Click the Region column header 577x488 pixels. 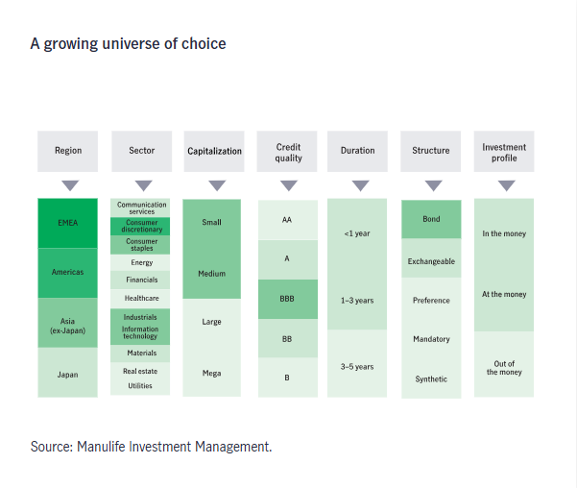point(68,151)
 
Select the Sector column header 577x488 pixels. point(141,151)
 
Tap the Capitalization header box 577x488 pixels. point(214,152)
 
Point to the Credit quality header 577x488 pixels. point(288,152)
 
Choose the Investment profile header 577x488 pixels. point(504,152)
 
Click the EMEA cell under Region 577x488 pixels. point(68,222)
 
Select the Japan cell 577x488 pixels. point(68,375)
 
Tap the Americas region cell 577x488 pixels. point(68,272)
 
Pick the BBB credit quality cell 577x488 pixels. point(287,299)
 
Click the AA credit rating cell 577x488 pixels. point(287,220)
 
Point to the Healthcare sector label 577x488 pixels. point(141,298)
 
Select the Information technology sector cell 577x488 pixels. point(141,333)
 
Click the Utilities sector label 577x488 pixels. point(141,386)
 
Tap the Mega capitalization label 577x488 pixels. point(212,373)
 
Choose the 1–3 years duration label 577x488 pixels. point(357,301)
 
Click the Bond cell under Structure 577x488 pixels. point(431,219)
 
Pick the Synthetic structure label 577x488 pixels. point(431,378)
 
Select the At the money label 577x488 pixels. point(504,295)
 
